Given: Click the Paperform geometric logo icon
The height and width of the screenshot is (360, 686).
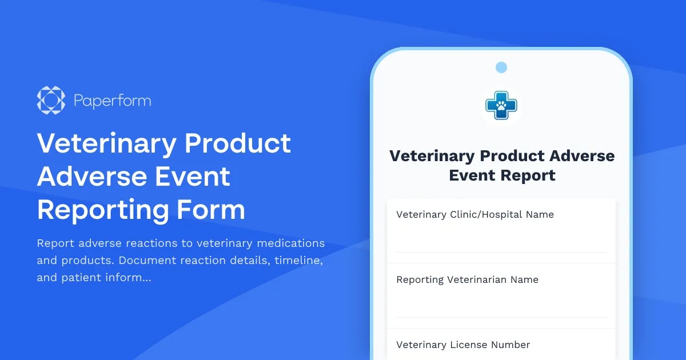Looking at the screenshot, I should click(51, 101).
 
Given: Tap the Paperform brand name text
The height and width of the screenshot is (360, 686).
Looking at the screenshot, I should click(113, 101).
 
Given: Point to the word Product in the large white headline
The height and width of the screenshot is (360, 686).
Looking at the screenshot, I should click(238, 143).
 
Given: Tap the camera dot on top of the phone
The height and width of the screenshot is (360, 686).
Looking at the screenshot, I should click(501, 67).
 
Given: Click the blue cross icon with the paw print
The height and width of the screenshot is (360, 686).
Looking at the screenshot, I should click(501, 105).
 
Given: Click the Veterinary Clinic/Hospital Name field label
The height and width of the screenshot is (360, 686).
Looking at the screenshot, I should click(475, 215).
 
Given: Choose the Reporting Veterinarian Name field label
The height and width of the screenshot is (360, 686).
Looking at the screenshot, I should click(467, 280).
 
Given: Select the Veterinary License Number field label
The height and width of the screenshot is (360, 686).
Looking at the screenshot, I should click(463, 345).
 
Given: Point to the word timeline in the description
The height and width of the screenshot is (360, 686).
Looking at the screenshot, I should click(299, 261).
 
